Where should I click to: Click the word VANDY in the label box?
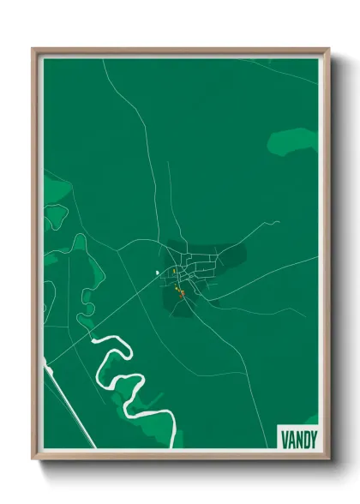(x=297, y=438)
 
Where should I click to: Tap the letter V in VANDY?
(x=284, y=438)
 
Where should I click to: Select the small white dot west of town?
(x=157, y=273)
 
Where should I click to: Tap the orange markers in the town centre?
(x=180, y=293)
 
